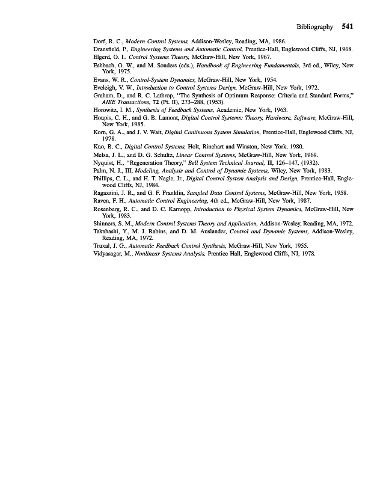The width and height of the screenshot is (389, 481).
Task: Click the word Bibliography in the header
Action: [314, 27]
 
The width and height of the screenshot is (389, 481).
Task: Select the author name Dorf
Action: [100, 41]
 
